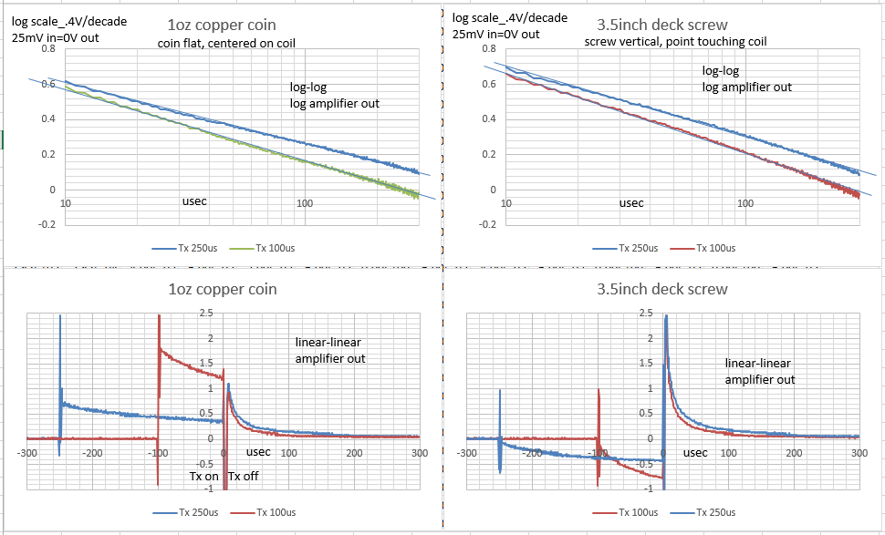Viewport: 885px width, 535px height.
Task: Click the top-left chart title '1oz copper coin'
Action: point(219,26)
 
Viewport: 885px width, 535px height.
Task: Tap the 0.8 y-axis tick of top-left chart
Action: point(47,48)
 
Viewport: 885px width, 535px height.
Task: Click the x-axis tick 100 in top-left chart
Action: point(306,201)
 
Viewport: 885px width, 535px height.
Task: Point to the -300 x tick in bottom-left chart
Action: point(26,453)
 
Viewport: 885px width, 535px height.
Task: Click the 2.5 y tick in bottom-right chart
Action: point(646,314)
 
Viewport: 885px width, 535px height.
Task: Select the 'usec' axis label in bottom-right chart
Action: point(695,452)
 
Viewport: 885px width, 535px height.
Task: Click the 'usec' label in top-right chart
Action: point(631,203)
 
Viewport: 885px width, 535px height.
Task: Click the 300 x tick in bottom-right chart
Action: point(859,453)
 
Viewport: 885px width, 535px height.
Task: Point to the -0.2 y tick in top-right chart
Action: point(487,223)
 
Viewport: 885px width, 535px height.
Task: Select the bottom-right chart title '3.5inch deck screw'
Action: point(661,290)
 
